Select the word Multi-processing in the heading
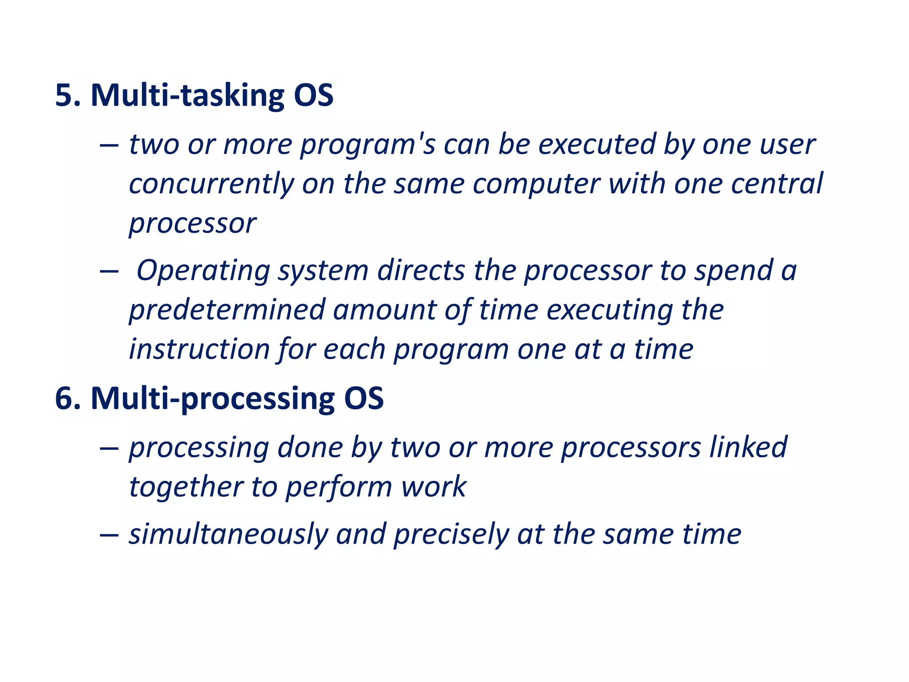(213, 398)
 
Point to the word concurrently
(211, 184)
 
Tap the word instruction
(199, 349)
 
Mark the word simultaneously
(228, 534)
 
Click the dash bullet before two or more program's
(109, 146)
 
